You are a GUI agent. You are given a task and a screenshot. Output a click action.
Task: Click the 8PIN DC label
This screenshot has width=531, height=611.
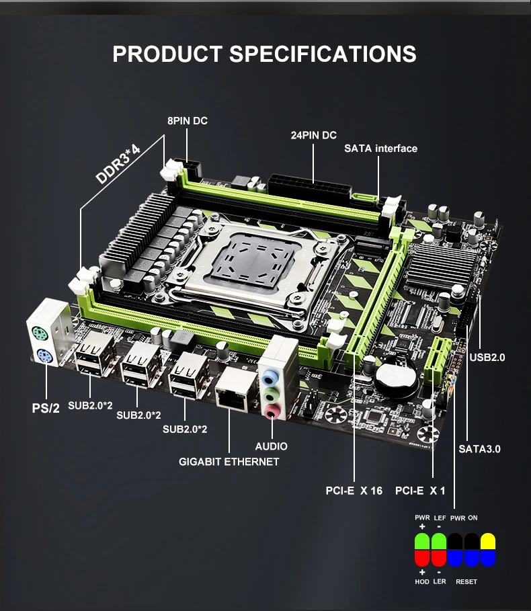(x=188, y=121)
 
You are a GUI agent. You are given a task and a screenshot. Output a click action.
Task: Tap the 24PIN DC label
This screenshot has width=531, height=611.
(x=314, y=135)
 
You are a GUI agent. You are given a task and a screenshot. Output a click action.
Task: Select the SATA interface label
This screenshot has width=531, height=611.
(x=380, y=149)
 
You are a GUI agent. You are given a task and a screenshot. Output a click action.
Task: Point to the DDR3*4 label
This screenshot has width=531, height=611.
(x=118, y=163)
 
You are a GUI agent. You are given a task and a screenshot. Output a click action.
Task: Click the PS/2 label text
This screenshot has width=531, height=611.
(x=46, y=408)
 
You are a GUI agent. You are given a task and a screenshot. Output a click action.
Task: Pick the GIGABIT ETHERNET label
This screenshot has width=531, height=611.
(x=229, y=462)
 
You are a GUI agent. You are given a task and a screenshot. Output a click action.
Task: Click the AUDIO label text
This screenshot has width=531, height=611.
(x=271, y=446)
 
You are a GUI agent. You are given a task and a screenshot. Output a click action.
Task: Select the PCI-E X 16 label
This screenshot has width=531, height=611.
(x=354, y=491)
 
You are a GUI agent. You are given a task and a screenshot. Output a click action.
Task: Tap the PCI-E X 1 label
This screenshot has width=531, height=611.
(x=420, y=491)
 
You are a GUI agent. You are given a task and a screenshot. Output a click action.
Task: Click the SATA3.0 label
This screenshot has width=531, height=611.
(x=479, y=449)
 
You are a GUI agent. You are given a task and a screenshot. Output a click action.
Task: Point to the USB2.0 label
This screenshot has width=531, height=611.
(x=487, y=358)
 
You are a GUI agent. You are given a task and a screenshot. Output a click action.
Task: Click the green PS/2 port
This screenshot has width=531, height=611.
(x=40, y=334)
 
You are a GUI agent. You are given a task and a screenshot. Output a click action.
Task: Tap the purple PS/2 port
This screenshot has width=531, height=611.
(x=45, y=356)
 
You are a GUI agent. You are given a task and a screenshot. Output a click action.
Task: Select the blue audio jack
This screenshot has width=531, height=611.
(x=270, y=377)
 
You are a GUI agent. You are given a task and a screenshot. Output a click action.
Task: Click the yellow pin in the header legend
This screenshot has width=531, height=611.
(x=488, y=542)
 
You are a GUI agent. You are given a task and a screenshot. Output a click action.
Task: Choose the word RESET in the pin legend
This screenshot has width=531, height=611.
(x=466, y=582)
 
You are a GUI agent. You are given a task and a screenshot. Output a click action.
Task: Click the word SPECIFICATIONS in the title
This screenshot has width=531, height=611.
(x=323, y=54)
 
